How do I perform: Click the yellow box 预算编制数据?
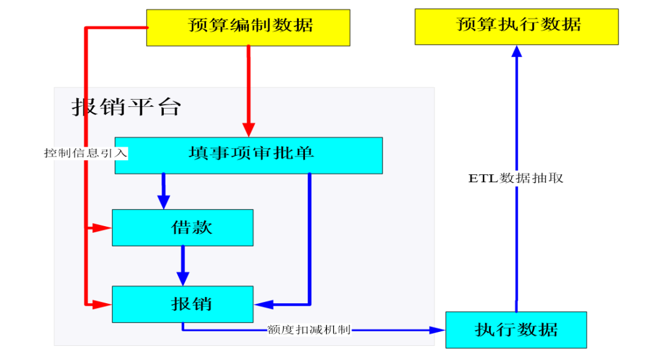248,27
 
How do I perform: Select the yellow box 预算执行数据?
516,26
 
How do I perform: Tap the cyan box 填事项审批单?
248,155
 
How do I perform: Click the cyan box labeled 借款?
182,227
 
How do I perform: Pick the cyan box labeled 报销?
182,304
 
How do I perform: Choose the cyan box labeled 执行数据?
516,329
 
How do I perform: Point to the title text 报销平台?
127,108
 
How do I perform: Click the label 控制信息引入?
86,153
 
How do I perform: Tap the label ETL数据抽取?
516,178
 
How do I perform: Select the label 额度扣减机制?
309,330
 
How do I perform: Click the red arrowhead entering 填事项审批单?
248,130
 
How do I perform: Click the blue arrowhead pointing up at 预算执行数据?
516,52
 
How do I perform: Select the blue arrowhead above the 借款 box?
163,202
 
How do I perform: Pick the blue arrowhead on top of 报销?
182,278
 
